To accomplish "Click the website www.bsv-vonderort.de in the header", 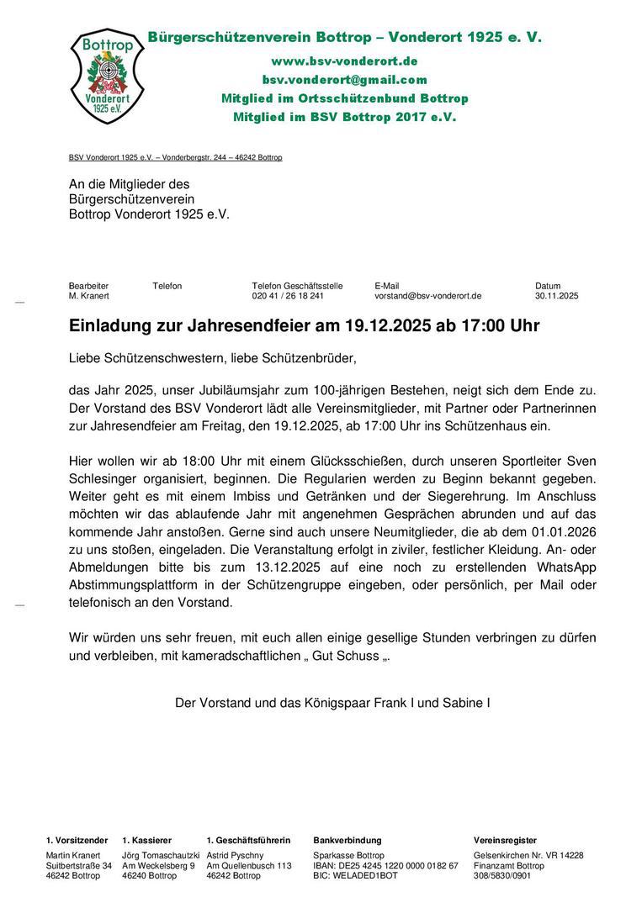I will pos(344,61).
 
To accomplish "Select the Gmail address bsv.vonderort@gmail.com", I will pos(344,80).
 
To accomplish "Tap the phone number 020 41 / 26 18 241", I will pos(288,296).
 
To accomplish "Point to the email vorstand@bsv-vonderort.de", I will pos(427,296).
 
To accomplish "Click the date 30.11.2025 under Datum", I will pos(556,296).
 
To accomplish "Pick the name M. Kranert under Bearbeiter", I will pos(88,296).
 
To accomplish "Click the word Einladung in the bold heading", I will pos(106,325).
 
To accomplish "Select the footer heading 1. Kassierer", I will pos(147,840).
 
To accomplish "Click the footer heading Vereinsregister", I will pos(505,840).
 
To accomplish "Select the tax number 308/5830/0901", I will pos(502,875).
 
